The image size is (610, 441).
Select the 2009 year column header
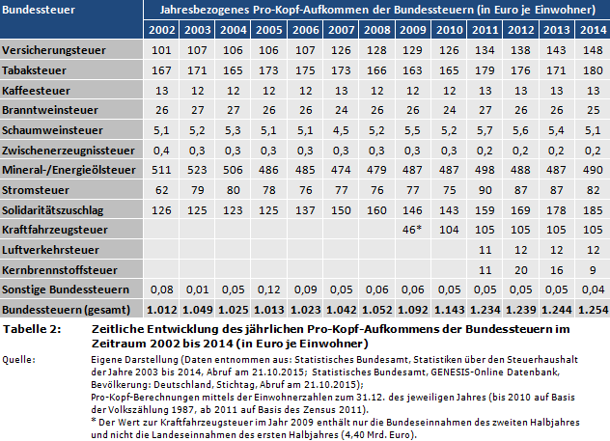414,30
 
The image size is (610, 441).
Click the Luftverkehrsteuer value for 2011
484,250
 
